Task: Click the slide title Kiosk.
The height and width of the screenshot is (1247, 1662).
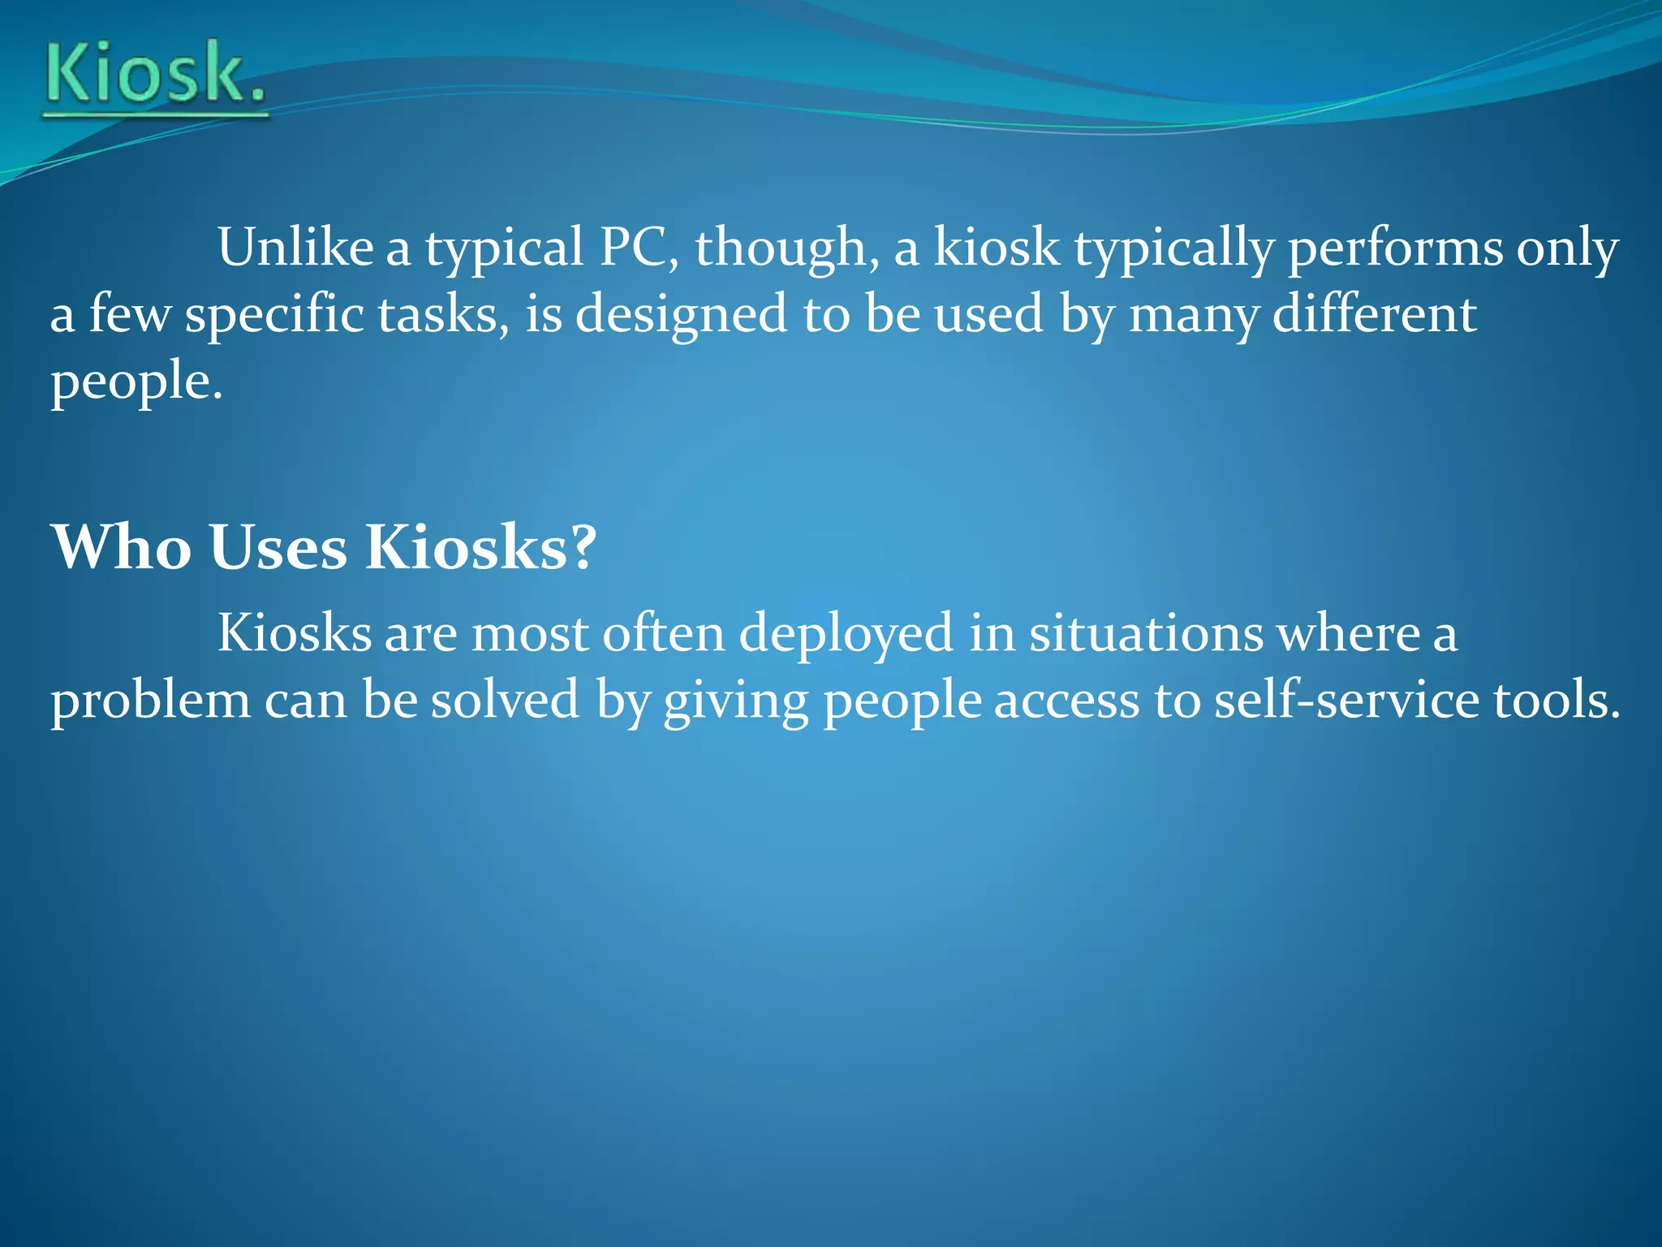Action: tap(155, 76)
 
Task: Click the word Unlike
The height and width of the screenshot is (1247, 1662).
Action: tap(295, 247)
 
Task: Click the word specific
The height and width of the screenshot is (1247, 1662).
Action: tap(274, 315)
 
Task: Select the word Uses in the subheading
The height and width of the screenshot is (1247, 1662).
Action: tap(278, 547)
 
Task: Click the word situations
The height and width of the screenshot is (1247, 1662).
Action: tap(1146, 633)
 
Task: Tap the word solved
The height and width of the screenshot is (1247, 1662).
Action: tap(505, 700)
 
